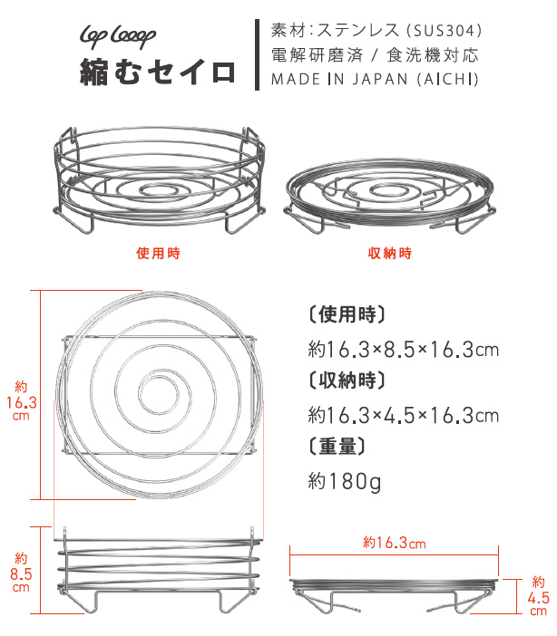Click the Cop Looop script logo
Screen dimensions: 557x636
[x=118, y=37]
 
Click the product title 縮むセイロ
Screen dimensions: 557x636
[x=158, y=72]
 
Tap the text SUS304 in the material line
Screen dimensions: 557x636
[x=444, y=31]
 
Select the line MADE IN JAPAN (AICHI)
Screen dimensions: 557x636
[x=375, y=79]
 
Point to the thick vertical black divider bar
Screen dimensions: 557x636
[x=257, y=54]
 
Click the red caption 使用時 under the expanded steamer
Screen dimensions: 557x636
[x=158, y=253]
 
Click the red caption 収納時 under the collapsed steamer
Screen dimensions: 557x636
[x=389, y=253]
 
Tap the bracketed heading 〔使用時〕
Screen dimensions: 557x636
[x=347, y=314]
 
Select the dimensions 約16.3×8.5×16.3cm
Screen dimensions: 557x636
[x=403, y=349]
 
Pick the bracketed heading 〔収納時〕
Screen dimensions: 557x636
[x=347, y=381]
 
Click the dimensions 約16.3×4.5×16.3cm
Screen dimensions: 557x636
[x=403, y=415]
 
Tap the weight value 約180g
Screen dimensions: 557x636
[x=345, y=481]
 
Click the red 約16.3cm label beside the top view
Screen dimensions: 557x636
[x=21, y=401]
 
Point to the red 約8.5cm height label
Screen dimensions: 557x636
[x=21, y=573]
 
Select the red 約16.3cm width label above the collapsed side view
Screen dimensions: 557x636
[x=394, y=543]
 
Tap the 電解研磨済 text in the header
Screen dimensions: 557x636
[x=317, y=55]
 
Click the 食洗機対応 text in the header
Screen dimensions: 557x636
[x=433, y=55]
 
